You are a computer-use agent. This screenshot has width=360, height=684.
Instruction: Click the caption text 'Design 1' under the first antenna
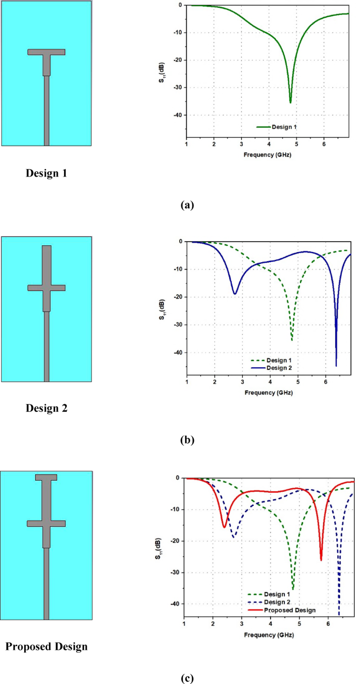tap(46, 173)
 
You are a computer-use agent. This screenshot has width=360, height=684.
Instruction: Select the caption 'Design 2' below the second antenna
tap(46, 409)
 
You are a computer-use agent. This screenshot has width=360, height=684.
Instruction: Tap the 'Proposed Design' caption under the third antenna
tap(46, 647)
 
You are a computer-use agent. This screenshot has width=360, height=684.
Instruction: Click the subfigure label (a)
tap(187, 205)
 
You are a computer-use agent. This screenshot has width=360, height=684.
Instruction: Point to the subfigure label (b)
tap(187, 440)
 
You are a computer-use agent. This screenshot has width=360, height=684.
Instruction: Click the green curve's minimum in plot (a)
tap(290, 102)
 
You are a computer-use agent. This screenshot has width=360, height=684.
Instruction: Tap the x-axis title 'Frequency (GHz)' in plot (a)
tap(268, 155)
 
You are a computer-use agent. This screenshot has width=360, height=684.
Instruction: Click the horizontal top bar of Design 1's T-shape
tap(46, 52)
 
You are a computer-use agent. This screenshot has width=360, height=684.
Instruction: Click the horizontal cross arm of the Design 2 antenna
tap(46, 287)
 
